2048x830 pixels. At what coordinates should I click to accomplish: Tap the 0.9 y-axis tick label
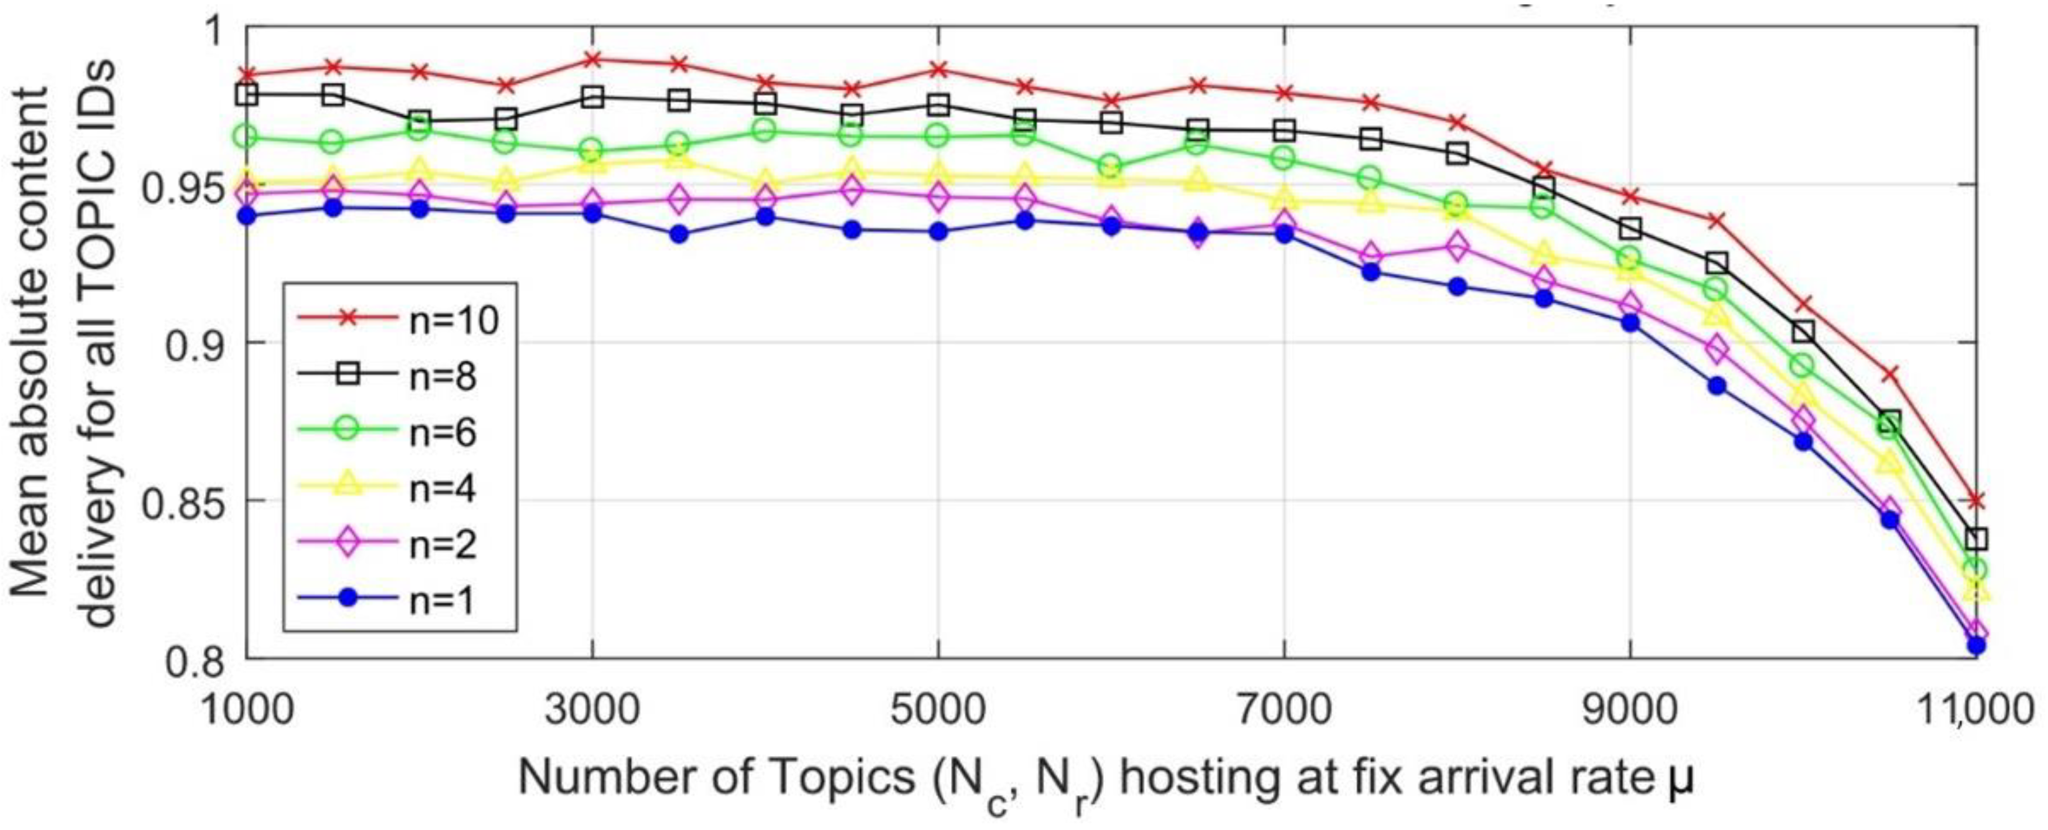(195, 343)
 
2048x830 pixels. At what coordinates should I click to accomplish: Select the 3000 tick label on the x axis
(592, 707)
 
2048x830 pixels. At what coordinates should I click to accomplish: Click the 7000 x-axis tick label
(1284, 707)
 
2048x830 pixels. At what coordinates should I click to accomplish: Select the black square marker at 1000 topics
(247, 95)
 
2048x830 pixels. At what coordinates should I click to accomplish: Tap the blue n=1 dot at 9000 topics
(1630, 323)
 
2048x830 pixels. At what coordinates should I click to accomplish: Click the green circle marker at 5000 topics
(938, 136)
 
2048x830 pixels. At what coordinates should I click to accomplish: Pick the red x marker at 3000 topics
(592, 59)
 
